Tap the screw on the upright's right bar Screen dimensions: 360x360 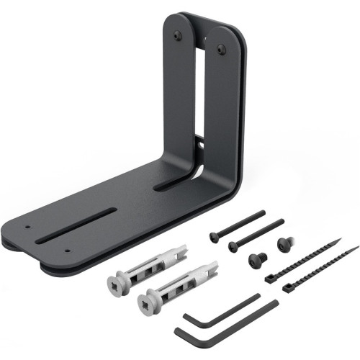pyautogui.click(x=221, y=49)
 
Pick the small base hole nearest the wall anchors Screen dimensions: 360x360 pyautogui.click(x=67, y=251)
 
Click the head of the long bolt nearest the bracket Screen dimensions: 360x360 pyautogui.click(x=213, y=235)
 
